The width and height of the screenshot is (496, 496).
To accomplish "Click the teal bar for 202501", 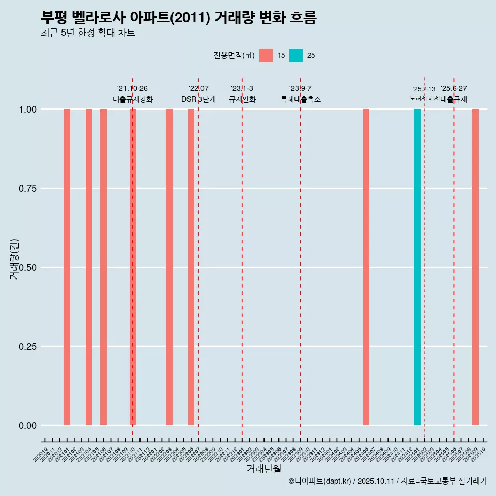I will pos(417,267).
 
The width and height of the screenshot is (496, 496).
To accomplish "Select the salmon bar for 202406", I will pos(366,267).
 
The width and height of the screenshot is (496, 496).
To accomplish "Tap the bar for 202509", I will pos(475,267).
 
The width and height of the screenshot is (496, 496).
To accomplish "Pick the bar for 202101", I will pos(67,267).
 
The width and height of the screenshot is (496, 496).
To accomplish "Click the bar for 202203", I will pos(169,267).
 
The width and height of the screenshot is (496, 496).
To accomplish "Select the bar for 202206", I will pos(191,267).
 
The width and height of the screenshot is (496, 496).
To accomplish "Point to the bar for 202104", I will pos(89,267).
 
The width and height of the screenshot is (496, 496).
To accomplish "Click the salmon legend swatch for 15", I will pos(266,55).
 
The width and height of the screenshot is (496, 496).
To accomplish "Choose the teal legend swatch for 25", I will pos(296,55).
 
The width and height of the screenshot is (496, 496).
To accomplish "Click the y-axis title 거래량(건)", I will pos(14,259).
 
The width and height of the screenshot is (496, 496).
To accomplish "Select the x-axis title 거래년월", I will pos(264,469).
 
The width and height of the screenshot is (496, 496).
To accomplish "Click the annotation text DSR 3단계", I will pos(198,99).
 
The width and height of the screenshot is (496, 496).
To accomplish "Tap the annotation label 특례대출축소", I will pos(301,99).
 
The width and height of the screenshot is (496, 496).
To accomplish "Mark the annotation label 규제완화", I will pos(242,99).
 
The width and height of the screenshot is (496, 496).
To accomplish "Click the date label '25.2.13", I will pos(424,89).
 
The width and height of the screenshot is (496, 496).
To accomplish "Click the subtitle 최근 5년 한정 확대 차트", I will pos(88,33).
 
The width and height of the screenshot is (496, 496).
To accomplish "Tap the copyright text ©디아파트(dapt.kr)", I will pos(320,481).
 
